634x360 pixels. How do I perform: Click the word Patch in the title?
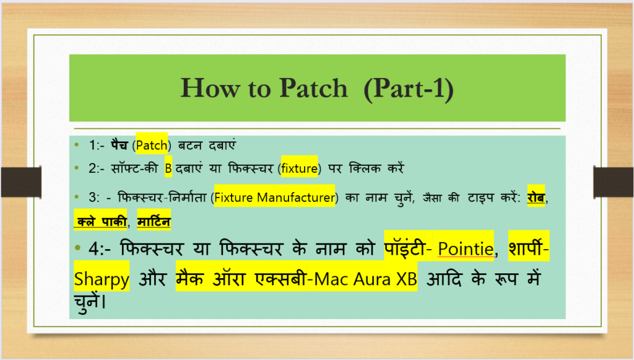tap(313, 88)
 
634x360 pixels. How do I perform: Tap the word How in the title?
tap(210, 88)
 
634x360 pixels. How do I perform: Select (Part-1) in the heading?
tap(409, 89)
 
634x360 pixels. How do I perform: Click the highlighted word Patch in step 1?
tap(152, 145)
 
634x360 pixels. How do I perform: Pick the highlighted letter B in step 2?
tap(168, 168)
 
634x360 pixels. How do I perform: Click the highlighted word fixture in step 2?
tap(299, 168)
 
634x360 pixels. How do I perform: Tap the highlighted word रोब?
tap(536, 197)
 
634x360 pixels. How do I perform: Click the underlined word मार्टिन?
tap(154, 221)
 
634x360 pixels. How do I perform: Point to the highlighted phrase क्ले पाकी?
tap(102, 221)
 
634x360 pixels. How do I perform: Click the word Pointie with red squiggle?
tap(466, 248)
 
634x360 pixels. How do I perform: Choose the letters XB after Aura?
tap(406, 279)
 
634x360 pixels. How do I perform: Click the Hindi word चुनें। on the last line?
tap(90, 301)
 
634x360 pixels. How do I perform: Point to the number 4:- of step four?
tap(100, 248)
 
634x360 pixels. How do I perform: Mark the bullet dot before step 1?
tap(77, 144)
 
